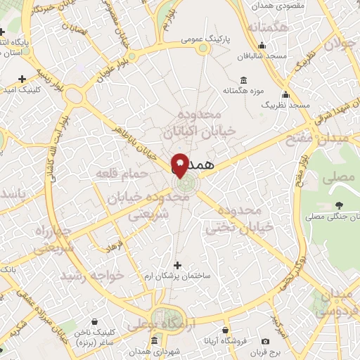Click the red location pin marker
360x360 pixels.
pyautogui.click(x=180, y=165)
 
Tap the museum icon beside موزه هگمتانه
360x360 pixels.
pyautogui.click(x=243, y=79)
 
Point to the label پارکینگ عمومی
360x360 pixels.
pyautogui.click(x=203, y=39)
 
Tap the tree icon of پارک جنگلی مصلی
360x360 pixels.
pyautogui.click(x=340, y=205)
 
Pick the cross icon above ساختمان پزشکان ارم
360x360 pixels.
pyautogui.click(x=176, y=266)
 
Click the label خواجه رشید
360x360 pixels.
pyautogui.click(x=94, y=275)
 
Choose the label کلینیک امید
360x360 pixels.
pyautogui.click(x=22, y=90)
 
